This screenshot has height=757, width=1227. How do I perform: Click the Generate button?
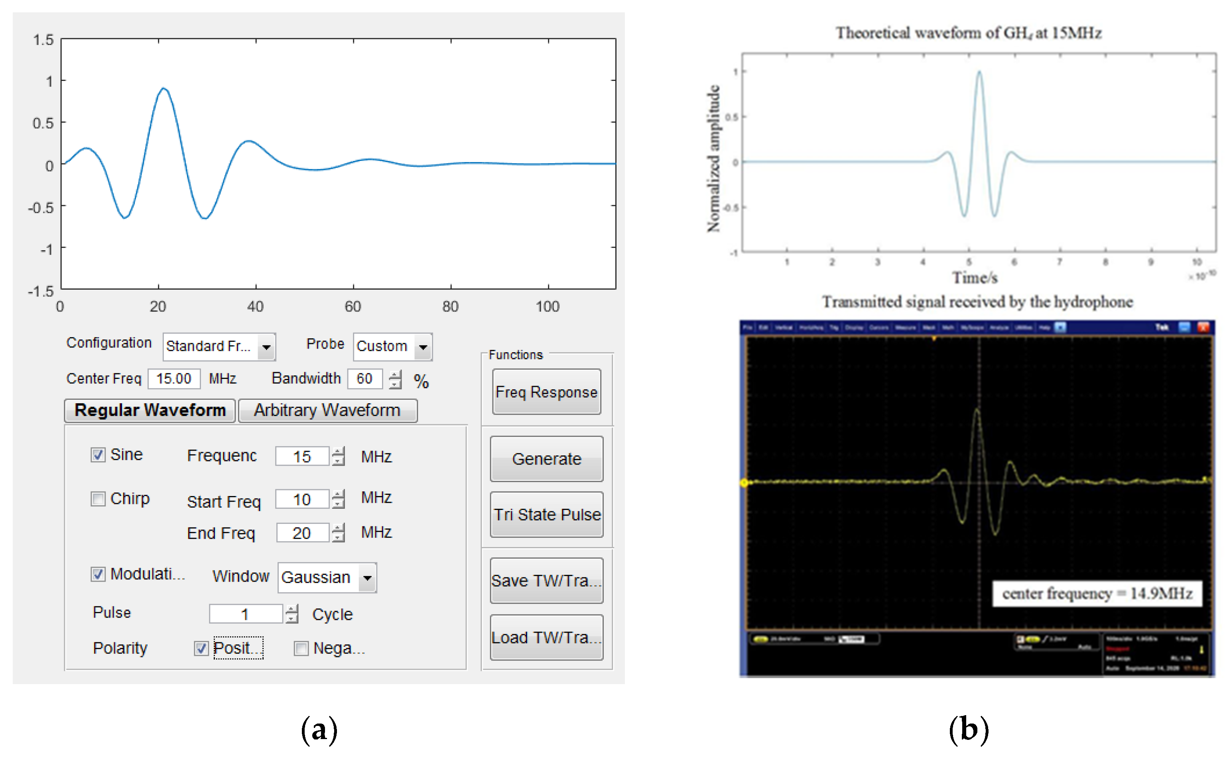546,459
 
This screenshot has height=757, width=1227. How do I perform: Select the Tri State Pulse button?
546,514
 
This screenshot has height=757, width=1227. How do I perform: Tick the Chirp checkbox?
98,499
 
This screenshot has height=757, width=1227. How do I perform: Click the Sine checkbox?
98,455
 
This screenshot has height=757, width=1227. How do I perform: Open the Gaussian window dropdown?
367,577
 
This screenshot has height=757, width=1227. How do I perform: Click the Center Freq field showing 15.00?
173,378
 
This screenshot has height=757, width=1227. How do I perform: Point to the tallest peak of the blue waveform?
163,88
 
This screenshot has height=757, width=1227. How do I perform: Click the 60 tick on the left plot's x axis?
353,306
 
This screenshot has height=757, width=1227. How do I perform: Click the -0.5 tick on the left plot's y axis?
41,207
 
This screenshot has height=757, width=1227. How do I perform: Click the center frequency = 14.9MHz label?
1097,593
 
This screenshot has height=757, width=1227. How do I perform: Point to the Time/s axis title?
975,277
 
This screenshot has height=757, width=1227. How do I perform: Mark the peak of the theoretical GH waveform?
979,72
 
